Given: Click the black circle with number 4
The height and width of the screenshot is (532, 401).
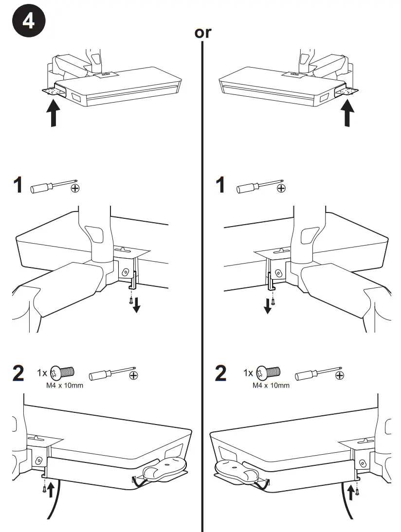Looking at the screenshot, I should tap(29, 22).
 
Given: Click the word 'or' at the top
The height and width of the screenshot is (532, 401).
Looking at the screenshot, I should tap(203, 33).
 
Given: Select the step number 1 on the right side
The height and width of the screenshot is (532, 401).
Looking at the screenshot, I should tap(221, 185).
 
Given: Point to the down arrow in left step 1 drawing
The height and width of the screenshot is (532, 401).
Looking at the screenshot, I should tap(137, 305).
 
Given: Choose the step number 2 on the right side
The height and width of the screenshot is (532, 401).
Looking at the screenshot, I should tap(221, 373).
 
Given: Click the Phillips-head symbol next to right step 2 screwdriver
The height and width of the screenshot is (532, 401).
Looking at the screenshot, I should tap(340, 375).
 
